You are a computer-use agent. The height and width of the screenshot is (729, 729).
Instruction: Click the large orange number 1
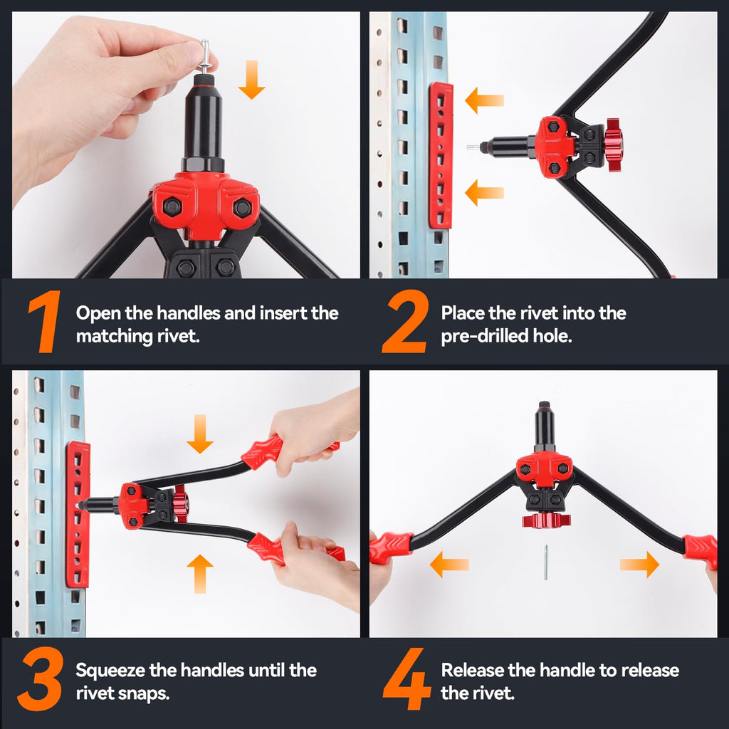(44, 324)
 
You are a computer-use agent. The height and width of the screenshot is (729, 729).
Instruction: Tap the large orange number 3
(41, 681)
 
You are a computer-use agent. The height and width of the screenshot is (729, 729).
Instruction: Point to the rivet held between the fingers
(204, 56)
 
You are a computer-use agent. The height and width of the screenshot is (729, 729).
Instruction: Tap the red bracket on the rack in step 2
(441, 155)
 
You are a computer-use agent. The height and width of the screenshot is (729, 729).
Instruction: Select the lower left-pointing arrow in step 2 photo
(484, 192)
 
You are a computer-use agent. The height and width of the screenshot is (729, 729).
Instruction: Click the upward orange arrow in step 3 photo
(200, 573)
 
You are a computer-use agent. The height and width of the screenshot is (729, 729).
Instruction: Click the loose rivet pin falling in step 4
(546, 562)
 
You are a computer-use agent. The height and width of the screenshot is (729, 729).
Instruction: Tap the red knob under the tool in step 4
(546, 520)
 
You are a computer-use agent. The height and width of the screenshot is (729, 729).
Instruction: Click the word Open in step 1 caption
(95, 313)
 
